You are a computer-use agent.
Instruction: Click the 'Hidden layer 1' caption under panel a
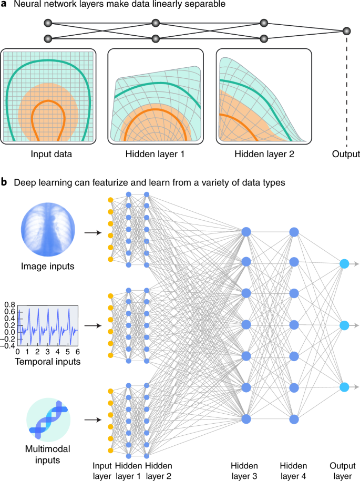[155, 155]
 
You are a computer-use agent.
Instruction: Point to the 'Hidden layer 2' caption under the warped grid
[263, 155]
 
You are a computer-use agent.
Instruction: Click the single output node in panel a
[346, 32]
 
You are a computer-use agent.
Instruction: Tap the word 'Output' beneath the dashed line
[346, 155]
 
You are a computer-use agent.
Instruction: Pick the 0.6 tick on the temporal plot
[9, 311]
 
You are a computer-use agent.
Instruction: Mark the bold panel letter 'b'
[4, 183]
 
